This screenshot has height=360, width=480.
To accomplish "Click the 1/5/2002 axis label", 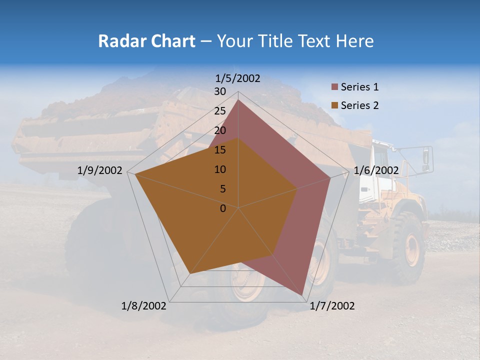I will click(238, 78).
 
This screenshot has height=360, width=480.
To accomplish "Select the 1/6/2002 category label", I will click(376, 170).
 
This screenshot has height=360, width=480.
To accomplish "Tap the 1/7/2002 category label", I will click(332, 306).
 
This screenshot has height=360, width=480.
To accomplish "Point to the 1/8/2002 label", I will click(144, 306).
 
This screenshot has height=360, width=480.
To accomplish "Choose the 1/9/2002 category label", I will click(100, 170).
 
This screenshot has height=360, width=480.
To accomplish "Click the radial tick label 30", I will click(219, 91).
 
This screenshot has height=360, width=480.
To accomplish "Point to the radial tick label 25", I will click(219, 111).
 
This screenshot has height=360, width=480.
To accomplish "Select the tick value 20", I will click(219, 130).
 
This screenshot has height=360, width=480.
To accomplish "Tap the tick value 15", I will click(219, 150).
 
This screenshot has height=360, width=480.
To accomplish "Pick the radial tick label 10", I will click(219, 169).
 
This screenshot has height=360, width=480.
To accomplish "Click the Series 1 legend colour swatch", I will click(334, 87).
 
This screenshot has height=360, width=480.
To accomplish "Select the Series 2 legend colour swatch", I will click(334, 105).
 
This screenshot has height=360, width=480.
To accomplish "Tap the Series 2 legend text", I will click(359, 105).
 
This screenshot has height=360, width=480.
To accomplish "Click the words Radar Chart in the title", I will click(146, 41).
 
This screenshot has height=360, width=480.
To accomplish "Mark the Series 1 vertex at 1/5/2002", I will click(238, 100).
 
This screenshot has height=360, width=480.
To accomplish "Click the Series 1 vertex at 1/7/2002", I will click(302, 295).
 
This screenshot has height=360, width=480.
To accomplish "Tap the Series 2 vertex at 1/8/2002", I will click(189, 273).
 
